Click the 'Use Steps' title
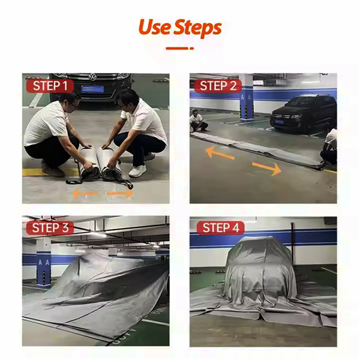[180, 28]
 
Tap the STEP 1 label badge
[50, 86]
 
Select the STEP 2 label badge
[218, 86]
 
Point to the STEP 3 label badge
[50, 228]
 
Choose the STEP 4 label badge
[220, 228]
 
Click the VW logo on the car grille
[92, 77]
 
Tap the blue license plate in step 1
[92, 89]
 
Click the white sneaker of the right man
[137, 171]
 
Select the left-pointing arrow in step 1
[85, 194]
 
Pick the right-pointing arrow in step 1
[120, 194]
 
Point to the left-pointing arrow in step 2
[220, 153]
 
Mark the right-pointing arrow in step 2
[267, 168]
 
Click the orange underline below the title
[180, 48]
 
